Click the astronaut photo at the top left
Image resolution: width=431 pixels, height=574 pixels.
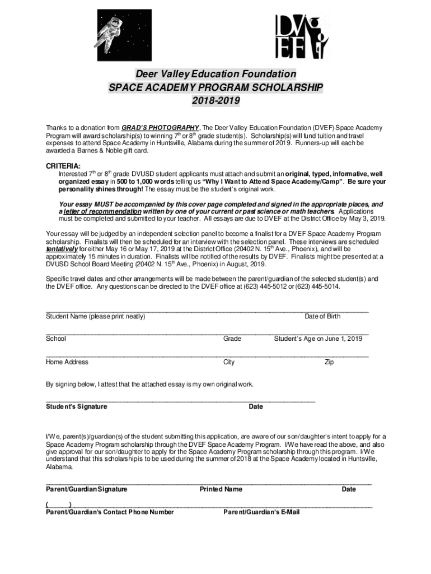pyautogui.click(x=116, y=35)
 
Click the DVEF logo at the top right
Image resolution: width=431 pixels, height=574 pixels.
pyautogui.click(x=302, y=36)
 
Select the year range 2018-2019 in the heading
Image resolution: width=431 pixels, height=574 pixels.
pyautogui.click(x=215, y=101)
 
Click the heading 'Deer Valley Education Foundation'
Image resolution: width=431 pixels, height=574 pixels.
pyautogui.click(x=215, y=74)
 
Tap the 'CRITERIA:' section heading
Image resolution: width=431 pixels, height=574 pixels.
pyautogui.click(x=63, y=166)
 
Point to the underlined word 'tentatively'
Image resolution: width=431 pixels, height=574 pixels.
pyautogui.click(x=62, y=249)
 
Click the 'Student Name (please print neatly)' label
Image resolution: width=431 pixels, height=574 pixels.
pyautogui.click(x=95, y=317)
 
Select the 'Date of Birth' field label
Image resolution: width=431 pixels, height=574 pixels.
pyautogui.click(x=322, y=317)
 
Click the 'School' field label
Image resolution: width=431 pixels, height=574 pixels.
pyautogui.click(x=56, y=339)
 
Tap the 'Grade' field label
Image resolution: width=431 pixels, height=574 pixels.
pyautogui.click(x=232, y=339)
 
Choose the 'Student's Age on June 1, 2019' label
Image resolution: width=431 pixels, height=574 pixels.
pyautogui.click(x=317, y=339)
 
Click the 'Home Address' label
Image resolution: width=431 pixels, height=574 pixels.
pyautogui.click(x=67, y=362)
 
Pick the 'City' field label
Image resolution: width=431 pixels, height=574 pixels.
pyautogui.click(x=229, y=362)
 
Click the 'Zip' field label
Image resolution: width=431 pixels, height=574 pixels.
pyautogui.click(x=329, y=362)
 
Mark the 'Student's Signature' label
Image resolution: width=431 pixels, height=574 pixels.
pyautogui.click(x=77, y=406)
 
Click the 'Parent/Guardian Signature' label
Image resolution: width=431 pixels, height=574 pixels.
pyautogui.click(x=86, y=489)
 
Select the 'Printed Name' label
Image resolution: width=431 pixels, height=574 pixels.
pyautogui.click(x=221, y=489)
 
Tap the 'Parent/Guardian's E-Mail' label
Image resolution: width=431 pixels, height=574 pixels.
pyautogui.click(x=261, y=512)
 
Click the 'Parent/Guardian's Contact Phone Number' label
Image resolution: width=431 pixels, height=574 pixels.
pyautogui.click(x=110, y=512)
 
